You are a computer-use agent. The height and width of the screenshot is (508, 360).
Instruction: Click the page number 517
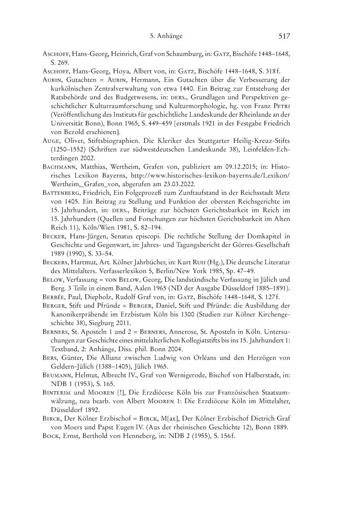284,36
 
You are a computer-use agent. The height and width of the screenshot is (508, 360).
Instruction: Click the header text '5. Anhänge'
166,36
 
